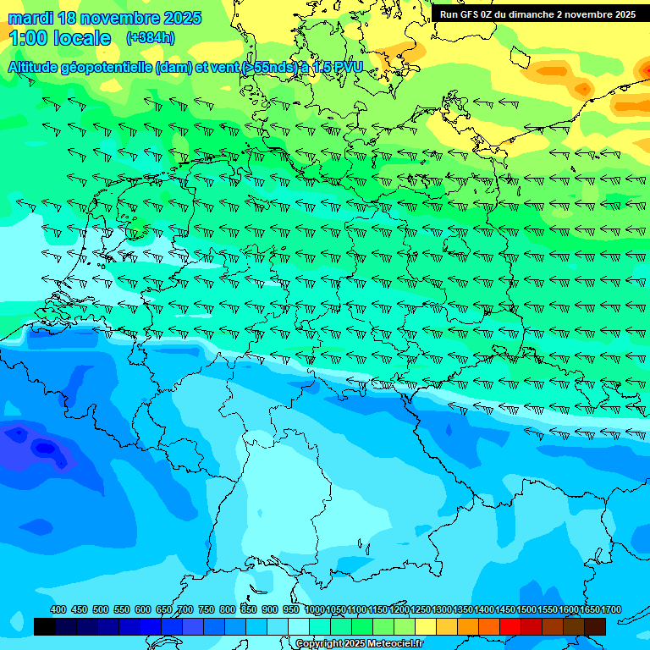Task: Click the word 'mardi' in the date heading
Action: (x=30, y=18)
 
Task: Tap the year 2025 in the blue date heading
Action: (x=180, y=18)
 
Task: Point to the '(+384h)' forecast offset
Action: (x=150, y=38)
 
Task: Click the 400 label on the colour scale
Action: (x=58, y=609)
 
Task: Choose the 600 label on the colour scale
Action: (x=143, y=609)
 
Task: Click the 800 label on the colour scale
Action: (x=228, y=609)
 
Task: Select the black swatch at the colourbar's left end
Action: (x=45, y=626)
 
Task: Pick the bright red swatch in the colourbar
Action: (x=510, y=626)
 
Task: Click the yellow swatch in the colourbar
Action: (x=426, y=626)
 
